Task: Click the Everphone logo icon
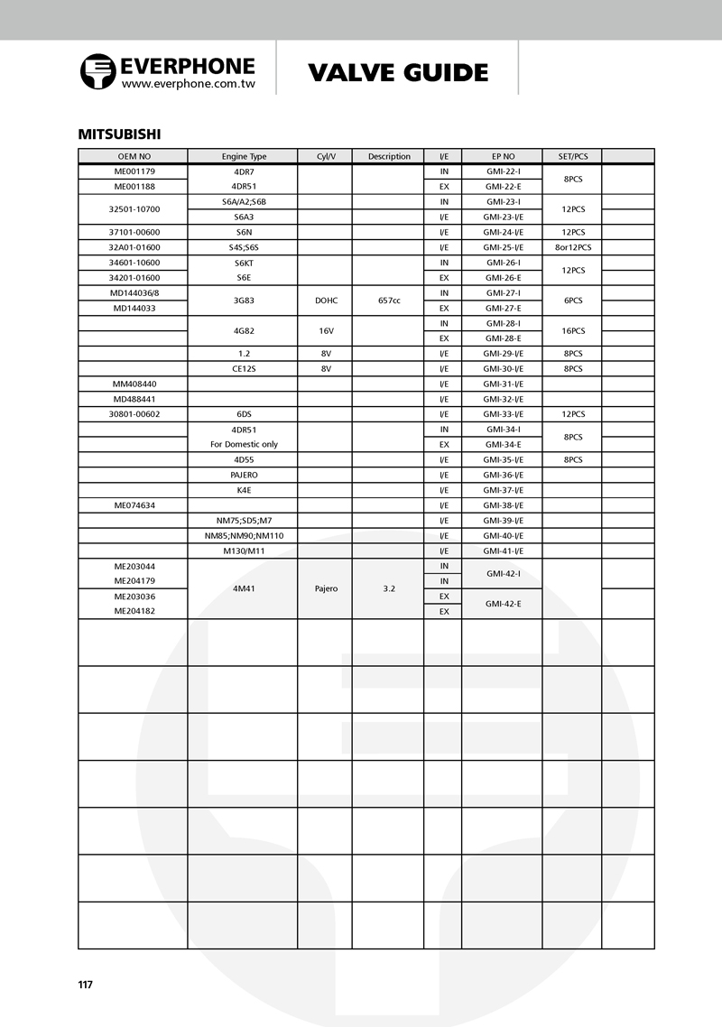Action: (x=97, y=71)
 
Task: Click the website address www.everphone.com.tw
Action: (x=188, y=83)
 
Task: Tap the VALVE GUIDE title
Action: (x=398, y=72)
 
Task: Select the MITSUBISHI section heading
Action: (x=119, y=134)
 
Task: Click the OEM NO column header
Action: (x=133, y=156)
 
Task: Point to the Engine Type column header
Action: (x=243, y=156)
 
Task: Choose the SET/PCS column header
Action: (x=571, y=156)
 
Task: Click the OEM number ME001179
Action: (x=133, y=171)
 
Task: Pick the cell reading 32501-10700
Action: (x=133, y=209)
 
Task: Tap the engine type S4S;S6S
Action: (x=243, y=247)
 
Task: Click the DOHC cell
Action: (x=325, y=301)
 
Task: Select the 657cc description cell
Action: (x=388, y=301)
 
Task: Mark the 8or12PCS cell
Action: (x=571, y=247)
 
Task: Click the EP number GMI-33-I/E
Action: (x=502, y=414)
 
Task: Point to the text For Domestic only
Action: (x=243, y=444)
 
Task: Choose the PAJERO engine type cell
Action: (x=243, y=475)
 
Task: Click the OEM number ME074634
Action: (x=133, y=505)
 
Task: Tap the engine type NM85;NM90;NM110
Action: (x=243, y=535)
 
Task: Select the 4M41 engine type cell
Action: (x=243, y=588)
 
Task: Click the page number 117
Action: (x=86, y=985)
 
